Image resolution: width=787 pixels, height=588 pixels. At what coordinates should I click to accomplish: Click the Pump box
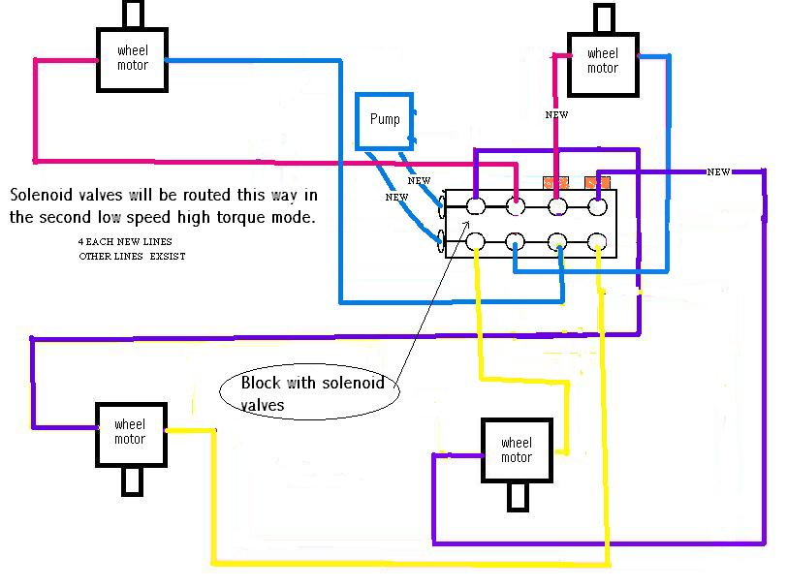385,120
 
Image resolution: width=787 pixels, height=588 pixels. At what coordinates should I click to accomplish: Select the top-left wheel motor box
132,58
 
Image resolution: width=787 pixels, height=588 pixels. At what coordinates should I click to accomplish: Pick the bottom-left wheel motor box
129,432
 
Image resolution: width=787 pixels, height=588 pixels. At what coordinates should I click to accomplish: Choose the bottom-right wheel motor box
517,450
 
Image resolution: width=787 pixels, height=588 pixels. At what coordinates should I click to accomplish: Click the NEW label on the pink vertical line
556,115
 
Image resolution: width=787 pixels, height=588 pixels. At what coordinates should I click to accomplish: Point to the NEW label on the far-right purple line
718,172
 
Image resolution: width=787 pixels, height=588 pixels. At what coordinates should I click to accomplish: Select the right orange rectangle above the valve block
597,182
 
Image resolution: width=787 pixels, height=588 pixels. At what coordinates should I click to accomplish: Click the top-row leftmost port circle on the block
476,205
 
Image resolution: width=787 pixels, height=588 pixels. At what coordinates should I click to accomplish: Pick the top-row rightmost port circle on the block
598,205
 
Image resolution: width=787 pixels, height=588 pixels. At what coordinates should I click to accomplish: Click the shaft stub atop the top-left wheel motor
133,15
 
